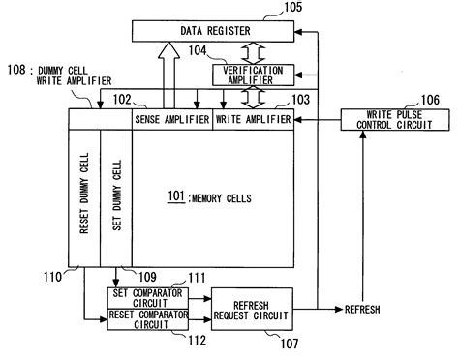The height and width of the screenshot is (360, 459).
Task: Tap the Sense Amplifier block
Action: tap(172, 118)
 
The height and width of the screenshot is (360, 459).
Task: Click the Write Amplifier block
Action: tap(253, 118)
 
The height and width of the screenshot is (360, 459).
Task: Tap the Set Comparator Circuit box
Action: tap(149, 298)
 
